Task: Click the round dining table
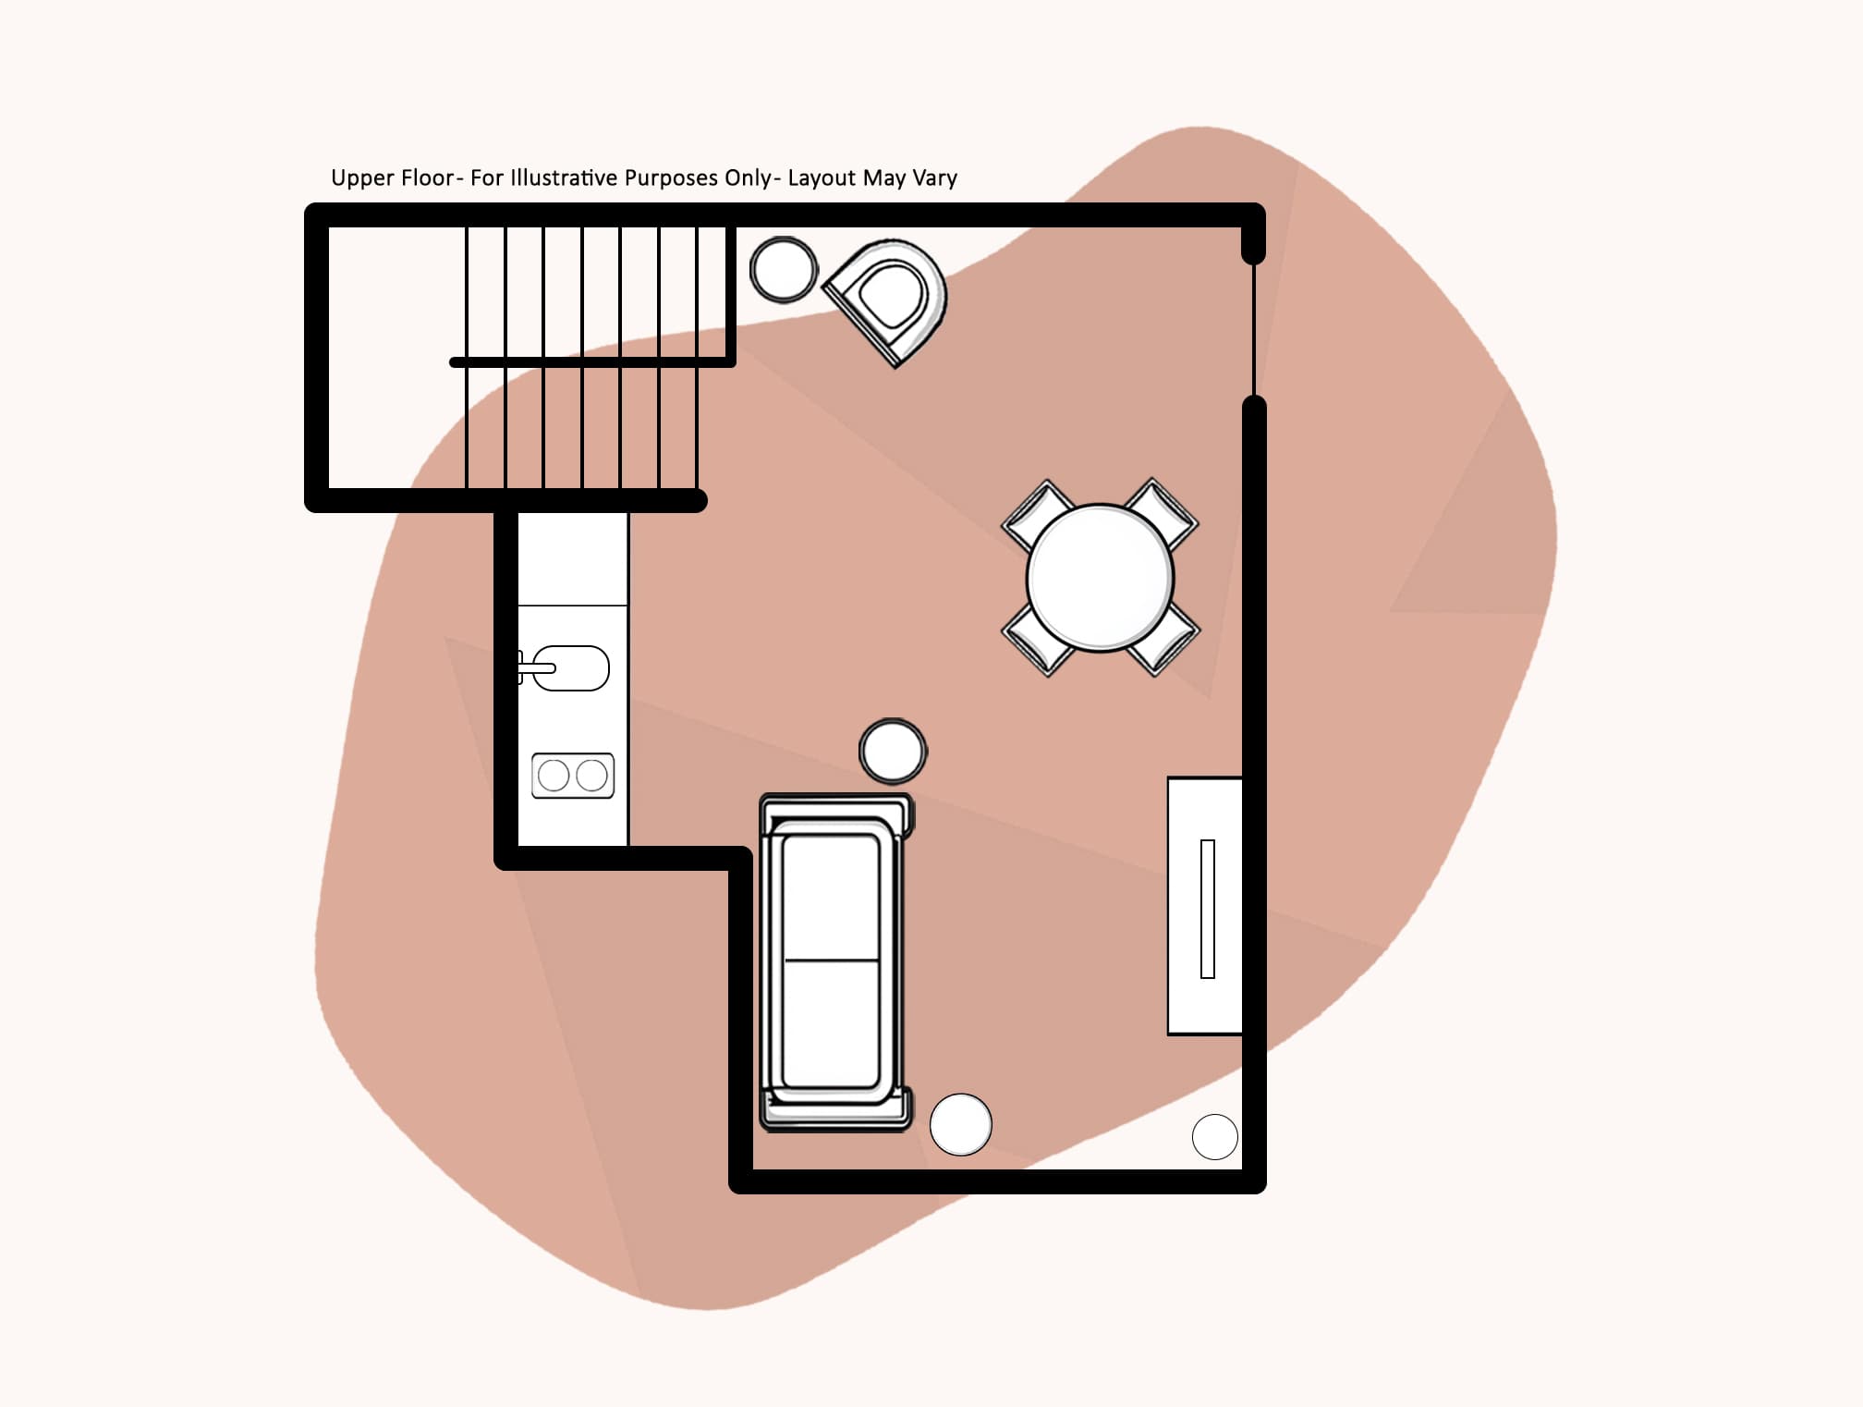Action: pos(1100,578)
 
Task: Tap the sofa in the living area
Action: pos(832,961)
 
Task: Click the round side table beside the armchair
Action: pos(784,269)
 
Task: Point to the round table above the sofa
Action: pos(893,751)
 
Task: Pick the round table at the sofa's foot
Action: pos(961,1125)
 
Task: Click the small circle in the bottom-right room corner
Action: pos(1215,1137)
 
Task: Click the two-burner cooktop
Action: pos(573,776)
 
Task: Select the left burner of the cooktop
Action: pos(554,776)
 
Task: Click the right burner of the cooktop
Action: pos(592,776)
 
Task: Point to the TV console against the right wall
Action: pos(1205,906)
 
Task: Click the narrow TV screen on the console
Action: pos(1208,909)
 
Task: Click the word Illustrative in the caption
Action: pos(563,177)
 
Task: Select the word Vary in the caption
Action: pos(934,178)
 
